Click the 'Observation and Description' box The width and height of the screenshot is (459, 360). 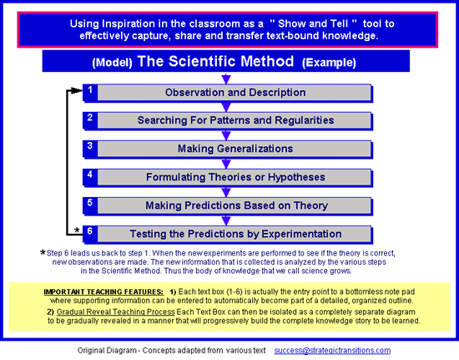(x=235, y=93)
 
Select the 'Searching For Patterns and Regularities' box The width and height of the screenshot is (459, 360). (x=235, y=120)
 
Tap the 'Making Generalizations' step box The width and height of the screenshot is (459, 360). (x=235, y=150)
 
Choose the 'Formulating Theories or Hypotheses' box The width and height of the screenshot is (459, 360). (x=235, y=178)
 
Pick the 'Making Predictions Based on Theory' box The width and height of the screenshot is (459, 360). (x=235, y=206)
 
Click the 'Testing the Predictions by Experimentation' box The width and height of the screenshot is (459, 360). (x=235, y=235)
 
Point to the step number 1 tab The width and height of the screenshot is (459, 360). (x=90, y=92)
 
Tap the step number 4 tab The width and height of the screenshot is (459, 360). (x=90, y=176)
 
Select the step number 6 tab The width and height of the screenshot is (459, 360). (x=90, y=234)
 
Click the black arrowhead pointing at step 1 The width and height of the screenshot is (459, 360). (x=77, y=90)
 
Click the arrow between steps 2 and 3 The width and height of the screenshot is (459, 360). (x=226, y=135)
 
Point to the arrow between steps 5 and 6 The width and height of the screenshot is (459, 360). (x=226, y=221)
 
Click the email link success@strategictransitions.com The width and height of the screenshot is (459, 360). (x=332, y=350)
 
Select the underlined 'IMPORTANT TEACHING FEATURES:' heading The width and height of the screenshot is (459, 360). (x=103, y=292)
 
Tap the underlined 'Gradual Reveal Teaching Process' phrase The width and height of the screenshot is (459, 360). (x=116, y=312)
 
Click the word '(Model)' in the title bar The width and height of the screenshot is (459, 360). (x=112, y=63)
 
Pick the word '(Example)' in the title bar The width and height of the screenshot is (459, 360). (x=329, y=63)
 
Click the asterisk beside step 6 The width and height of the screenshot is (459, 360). (x=77, y=231)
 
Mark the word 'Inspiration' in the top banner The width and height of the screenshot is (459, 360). (x=129, y=23)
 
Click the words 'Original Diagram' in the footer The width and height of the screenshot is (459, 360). (x=107, y=351)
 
